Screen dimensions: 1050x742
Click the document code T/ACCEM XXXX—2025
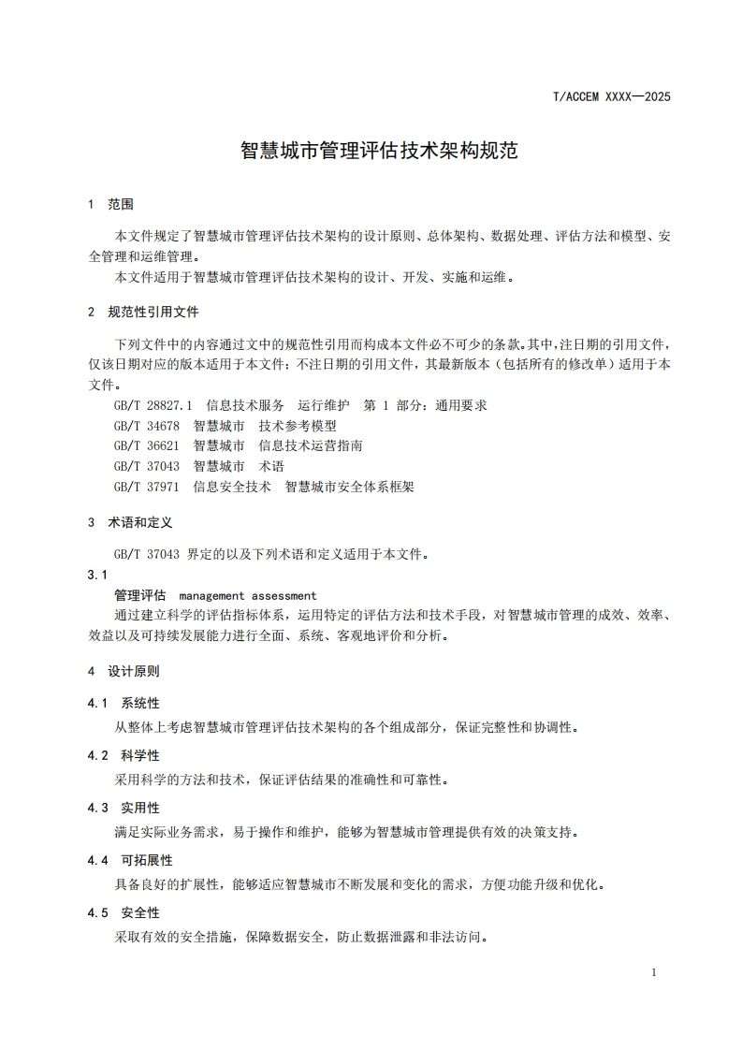613,96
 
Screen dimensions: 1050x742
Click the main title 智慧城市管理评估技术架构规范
379,151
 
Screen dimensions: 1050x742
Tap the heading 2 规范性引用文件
142,312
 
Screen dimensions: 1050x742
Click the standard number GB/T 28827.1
153,405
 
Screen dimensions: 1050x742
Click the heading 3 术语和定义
130,522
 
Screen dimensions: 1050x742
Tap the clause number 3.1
97,574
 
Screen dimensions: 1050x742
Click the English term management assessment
247,595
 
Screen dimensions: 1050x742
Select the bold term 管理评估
139,595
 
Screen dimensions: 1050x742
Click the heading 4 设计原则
124,671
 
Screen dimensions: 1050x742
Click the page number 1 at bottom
654,972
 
